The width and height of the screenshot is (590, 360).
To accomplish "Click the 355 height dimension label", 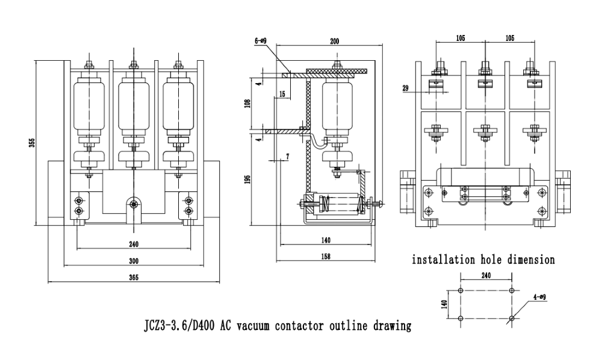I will point(33,142).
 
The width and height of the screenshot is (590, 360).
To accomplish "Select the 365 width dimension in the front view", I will point(134,278).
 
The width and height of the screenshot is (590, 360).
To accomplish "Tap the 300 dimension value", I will point(134,261).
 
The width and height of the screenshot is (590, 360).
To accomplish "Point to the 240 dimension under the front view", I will point(134,244).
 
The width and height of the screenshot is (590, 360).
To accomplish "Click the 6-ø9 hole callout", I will point(261,42).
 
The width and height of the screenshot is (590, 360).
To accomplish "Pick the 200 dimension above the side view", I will point(335,42).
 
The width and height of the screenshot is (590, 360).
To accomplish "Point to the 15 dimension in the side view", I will point(282,94).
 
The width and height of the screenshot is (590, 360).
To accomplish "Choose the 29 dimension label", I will point(406,88).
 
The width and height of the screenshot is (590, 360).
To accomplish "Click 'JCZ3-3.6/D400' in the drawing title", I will point(180,326).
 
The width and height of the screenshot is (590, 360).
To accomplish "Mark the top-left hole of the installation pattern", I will point(461,290).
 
